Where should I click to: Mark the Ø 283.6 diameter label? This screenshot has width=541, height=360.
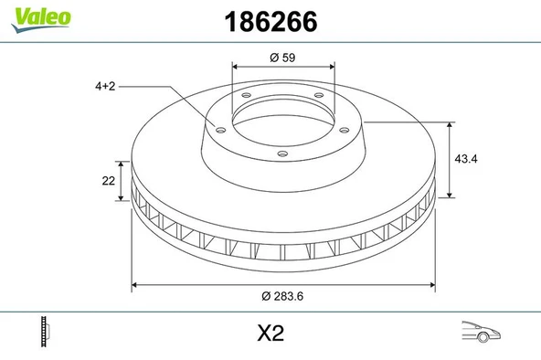click(281, 295)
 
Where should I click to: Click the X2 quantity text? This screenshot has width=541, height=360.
click(271, 334)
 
